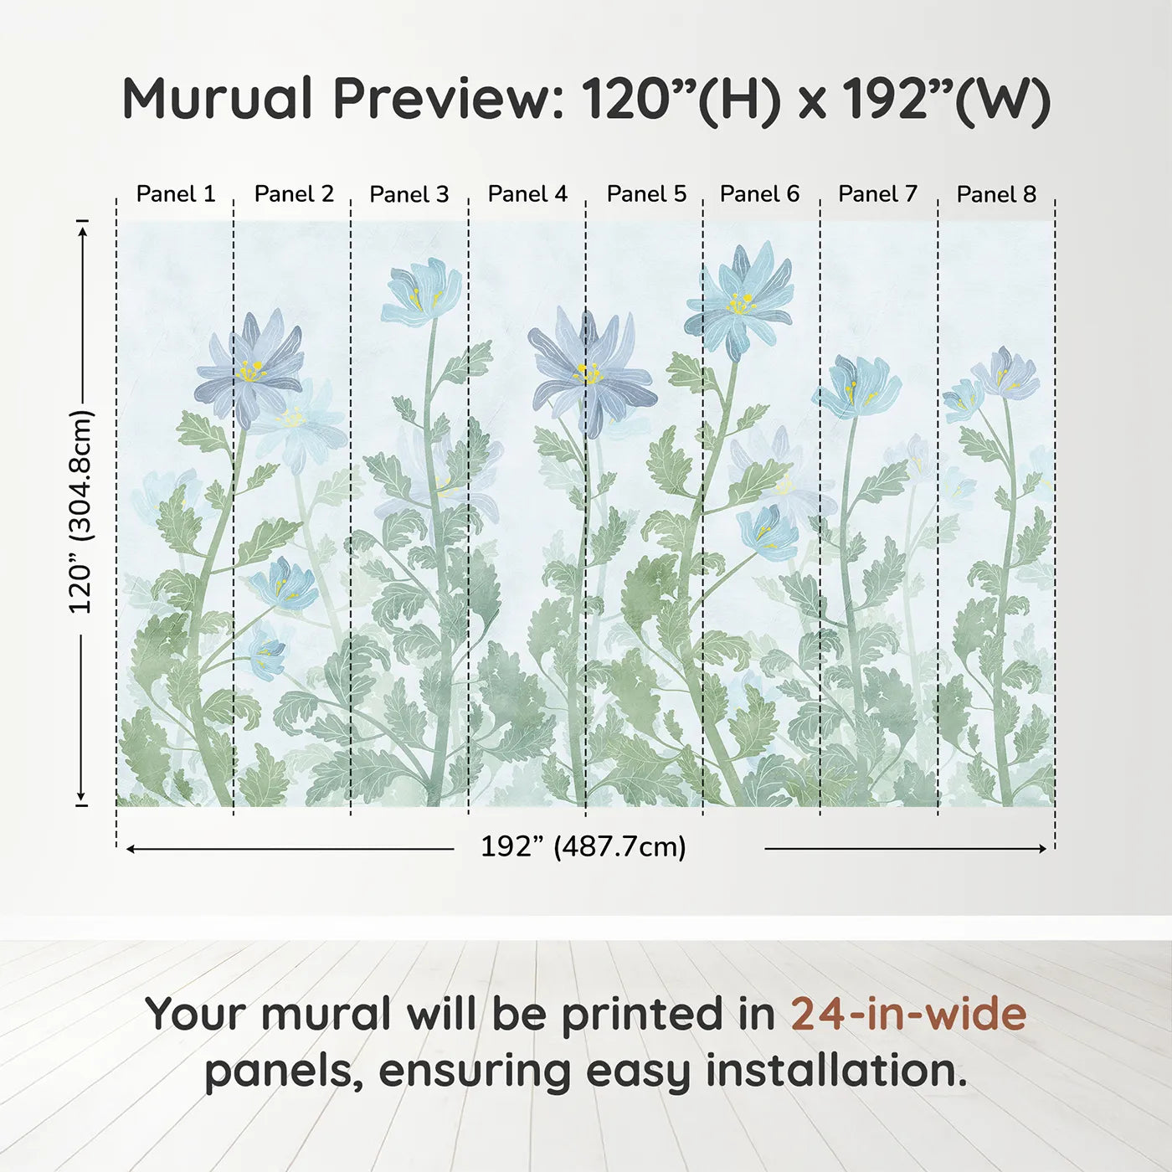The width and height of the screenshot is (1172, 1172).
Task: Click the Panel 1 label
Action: click(176, 194)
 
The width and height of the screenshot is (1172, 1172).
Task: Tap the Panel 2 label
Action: click(294, 194)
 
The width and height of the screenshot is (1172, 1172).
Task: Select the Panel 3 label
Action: click(409, 194)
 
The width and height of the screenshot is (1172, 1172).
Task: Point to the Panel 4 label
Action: click(527, 194)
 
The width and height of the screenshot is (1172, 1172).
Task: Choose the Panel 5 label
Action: click(646, 194)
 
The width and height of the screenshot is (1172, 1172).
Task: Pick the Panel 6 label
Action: click(760, 194)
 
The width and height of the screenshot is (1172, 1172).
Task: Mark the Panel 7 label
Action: click(878, 194)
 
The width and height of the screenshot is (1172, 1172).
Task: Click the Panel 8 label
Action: click(996, 194)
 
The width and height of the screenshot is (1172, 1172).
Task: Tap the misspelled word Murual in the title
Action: click(218, 99)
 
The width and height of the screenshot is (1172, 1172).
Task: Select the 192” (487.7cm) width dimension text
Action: click(583, 846)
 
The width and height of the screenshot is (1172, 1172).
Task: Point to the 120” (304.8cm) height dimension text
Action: click(81, 511)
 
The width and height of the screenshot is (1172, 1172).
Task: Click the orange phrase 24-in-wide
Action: click(908, 1014)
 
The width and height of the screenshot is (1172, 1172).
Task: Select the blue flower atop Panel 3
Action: click(423, 291)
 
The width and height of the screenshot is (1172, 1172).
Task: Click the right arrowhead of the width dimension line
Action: click(1043, 849)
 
